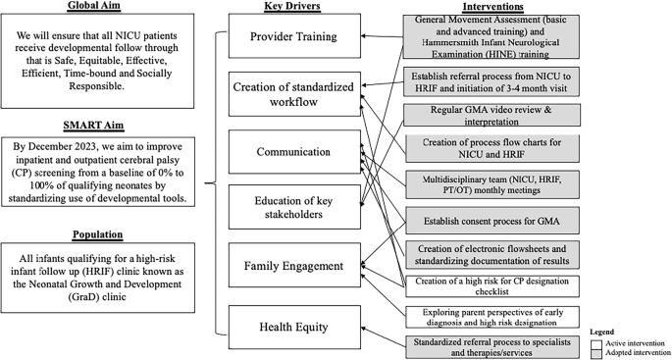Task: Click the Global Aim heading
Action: pos(95,7)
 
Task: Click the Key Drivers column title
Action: pos(292,7)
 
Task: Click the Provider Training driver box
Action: pos(292,36)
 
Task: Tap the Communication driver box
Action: pos(292,151)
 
